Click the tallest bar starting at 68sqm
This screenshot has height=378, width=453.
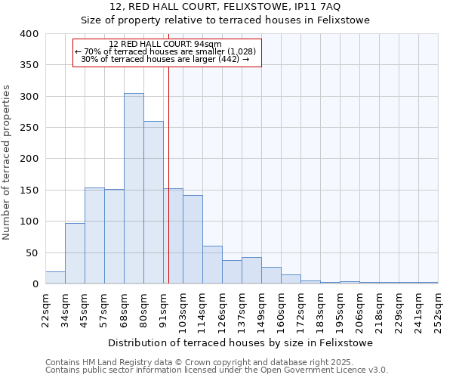coord(134,188)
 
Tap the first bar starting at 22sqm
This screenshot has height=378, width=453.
coord(55,277)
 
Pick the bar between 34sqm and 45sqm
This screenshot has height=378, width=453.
coord(75,253)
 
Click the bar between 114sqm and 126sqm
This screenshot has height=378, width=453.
coord(212,265)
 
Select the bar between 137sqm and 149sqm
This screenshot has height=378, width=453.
coord(251,271)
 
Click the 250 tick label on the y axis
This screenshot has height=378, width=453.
coord(29,128)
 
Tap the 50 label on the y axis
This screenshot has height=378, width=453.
coord(32,253)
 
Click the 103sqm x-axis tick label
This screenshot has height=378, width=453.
coord(183,310)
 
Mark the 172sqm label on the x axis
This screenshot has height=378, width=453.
coord(300,310)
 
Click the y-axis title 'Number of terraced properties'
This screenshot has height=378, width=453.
coord(8,162)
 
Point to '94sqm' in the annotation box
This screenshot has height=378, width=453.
coord(208,44)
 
